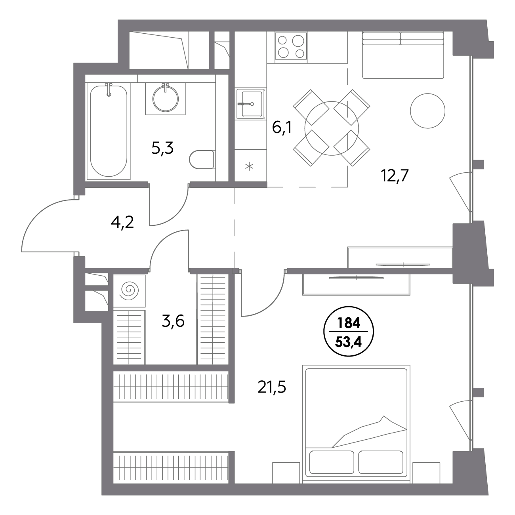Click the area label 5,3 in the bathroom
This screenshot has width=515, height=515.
point(162,148)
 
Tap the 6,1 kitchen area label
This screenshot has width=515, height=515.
point(282,127)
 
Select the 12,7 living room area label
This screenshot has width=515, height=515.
point(395,175)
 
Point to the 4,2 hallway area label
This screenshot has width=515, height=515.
point(122,222)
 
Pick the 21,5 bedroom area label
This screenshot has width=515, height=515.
point(272,387)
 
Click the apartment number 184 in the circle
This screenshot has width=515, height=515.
point(349,323)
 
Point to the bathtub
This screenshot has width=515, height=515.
point(109,131)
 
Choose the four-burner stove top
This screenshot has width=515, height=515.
point(291,47)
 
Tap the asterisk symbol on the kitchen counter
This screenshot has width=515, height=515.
point(249,167)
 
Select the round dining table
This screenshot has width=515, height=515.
point(332,128)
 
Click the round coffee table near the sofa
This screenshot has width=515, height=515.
point(427,111)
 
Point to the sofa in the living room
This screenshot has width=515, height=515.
point(403,55)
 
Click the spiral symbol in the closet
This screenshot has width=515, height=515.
point(130,290)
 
